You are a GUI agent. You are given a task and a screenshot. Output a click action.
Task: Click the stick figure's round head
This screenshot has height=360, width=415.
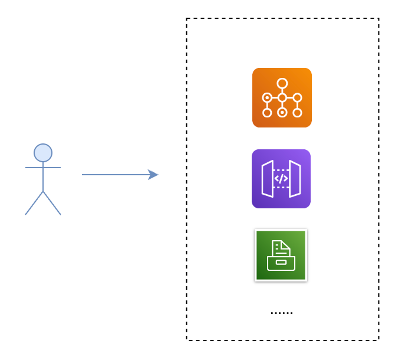click(x=43, y=153)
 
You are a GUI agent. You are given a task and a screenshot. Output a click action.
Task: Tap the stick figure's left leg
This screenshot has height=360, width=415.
click(x=34, y=203)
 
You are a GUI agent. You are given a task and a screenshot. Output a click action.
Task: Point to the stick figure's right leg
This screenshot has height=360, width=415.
click(x=52, y=203)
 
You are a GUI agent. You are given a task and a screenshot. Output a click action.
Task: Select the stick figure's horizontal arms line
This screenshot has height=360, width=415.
click(x=43, y=168)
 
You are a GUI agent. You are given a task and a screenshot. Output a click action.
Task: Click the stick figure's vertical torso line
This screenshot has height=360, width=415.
click(x=43, y=179)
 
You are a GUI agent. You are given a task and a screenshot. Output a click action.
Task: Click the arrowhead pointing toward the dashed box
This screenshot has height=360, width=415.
click(x=154, y=175)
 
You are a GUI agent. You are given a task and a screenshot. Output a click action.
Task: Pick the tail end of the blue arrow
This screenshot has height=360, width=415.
click(x=84, y=175)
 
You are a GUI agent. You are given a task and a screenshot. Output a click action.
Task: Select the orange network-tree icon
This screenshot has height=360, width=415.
click(x=282, y=97)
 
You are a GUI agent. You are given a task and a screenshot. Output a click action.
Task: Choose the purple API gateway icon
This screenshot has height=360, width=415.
click(x=281, y=179)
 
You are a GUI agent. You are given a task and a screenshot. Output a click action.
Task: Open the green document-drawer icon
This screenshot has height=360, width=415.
click(x=281, y=255)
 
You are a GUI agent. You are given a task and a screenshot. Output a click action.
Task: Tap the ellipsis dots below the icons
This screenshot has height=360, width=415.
click(x=281, y=312)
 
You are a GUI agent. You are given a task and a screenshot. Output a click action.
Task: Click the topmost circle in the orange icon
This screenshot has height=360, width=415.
click(x=282, y=83)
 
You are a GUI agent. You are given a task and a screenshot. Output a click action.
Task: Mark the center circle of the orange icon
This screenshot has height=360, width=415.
click(x=282, y=97)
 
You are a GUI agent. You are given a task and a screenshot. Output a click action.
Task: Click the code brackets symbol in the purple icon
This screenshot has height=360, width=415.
click(x=281, y=179)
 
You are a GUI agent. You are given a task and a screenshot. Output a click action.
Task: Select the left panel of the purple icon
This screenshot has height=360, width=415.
click(x=268, y=179)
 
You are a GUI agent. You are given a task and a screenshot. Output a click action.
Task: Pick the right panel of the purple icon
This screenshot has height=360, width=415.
click(x=295, y=179)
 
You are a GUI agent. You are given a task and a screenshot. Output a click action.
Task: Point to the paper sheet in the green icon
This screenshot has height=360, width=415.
click(x=281, y=248)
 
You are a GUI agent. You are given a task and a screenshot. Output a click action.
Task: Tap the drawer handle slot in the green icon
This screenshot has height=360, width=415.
click(x=281, y=263)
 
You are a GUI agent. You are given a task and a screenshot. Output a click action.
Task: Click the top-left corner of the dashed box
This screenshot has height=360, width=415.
click(x=187, y=19)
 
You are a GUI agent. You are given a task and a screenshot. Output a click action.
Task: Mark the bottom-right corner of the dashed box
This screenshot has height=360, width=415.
click(x=378, y=340)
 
